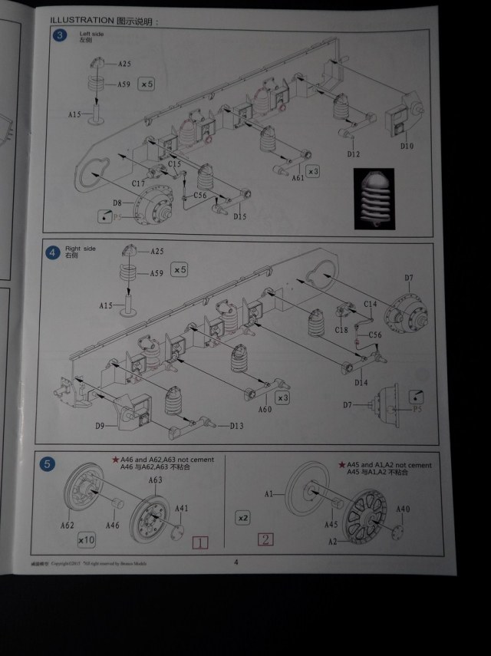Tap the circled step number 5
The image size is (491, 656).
[x=48, y=463]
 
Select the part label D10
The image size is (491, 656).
[x=407, y=146]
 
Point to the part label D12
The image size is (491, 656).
[x=353, y=154]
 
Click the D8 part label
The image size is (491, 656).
[x=117, y=203]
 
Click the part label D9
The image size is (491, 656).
[x=100, y=426]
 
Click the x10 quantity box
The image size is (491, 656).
[x=86, y=540]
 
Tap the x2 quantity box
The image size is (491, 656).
[x=244, y=518]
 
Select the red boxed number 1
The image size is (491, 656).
[x=199, y=543]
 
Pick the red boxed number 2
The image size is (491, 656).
[x=265, y=539]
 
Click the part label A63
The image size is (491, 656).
[x=156, y=480]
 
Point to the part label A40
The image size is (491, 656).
[x=404, y=509]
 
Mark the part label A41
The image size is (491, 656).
[x=182, y=508]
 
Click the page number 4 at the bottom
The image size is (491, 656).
[x=236, y=562]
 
